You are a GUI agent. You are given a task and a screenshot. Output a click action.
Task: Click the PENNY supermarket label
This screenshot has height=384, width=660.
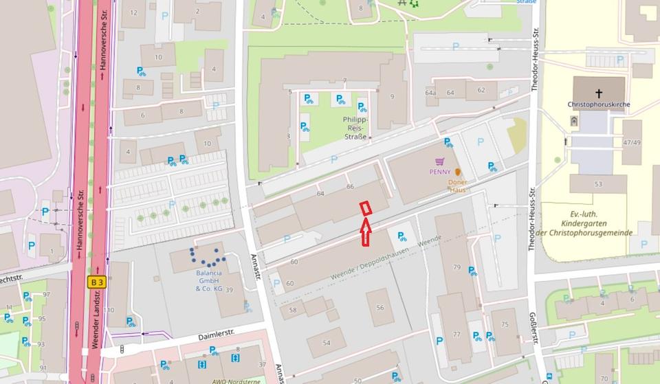439,172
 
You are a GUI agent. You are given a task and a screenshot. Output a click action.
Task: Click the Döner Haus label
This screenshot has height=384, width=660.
457,185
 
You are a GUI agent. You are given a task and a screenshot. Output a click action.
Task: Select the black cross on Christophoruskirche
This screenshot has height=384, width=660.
599,93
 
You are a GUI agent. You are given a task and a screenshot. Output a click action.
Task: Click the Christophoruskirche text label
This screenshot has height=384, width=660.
598,104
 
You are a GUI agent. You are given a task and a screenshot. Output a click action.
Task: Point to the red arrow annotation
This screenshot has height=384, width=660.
366,231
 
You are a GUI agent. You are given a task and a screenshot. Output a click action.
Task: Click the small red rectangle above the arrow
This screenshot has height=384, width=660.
366,207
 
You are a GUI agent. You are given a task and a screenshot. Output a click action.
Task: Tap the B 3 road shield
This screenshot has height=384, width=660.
96,281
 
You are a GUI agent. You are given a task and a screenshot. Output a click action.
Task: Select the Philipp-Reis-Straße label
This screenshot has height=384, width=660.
356,128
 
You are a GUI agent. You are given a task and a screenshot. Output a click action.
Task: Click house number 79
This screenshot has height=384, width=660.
456,267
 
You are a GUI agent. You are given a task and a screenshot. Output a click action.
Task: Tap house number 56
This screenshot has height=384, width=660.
380,307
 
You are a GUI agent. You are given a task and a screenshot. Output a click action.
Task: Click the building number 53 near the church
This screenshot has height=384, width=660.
598,184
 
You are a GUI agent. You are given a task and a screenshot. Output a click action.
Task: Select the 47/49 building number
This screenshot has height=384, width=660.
632,142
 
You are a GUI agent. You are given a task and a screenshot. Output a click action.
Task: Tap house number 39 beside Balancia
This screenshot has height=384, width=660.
230,290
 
